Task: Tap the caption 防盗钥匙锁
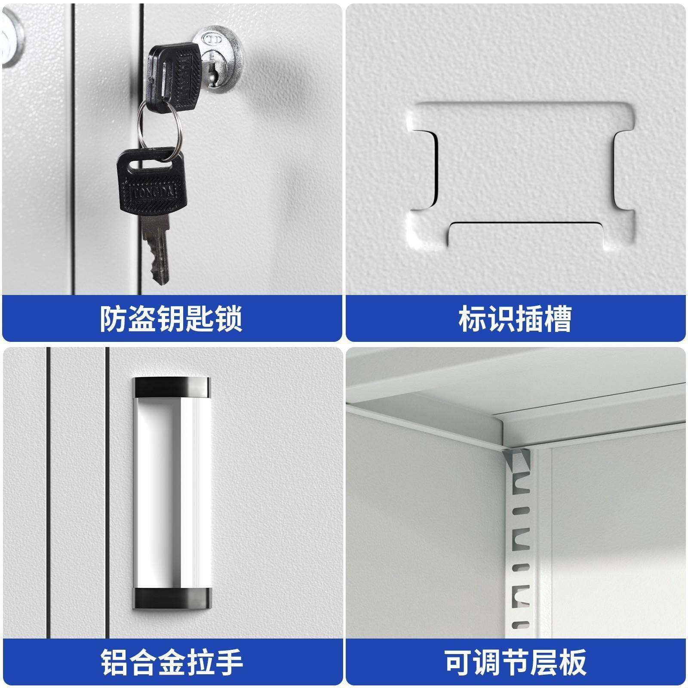(171, 319)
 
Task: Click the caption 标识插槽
(515, 319)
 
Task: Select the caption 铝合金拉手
(172, 663)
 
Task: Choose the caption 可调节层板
(515, 663)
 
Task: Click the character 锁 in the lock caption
(228, 319)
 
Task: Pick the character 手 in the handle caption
(228, 663)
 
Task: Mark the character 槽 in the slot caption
(557, 319)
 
